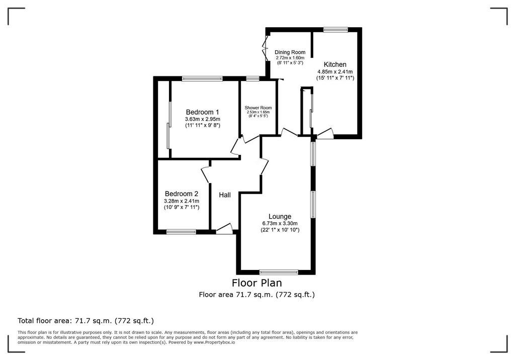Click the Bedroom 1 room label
[x=202, y=112]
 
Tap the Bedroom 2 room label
[x=181, y=194]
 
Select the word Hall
[x=225, y=195]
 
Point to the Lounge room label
[x=280, y=217]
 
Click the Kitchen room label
[x=335, y=64]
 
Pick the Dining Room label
[x=290, y=52]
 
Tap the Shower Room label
[x=258, y=108]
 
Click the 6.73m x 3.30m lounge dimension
[x=280, y=224]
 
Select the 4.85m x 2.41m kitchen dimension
[x=335, y=71]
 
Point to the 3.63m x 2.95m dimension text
[x=202, y=119]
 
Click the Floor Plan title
[x=257, y=283]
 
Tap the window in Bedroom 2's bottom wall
[x=181, y=232]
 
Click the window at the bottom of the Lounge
[x=279, y=272]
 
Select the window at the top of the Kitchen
[x=335, y=30]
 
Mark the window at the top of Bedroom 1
[x=202, y=78]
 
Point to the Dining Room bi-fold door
[x=265, y=48]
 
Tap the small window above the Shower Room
[x=252, y=78]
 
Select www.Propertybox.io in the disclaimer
[x=214, y=342]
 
